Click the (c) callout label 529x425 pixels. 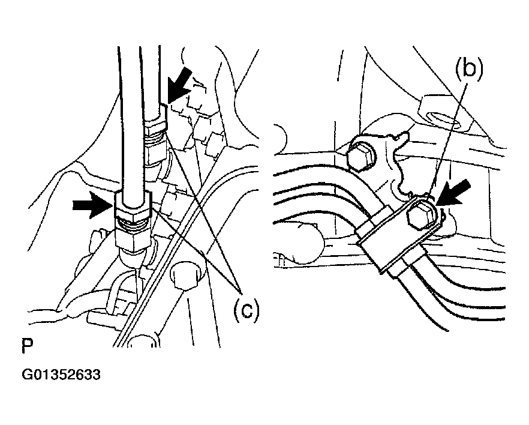tap(247, 309)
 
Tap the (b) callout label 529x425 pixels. tap(469, 68)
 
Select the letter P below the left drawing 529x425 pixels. tap(28, 346)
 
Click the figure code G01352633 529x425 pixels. tap(61, 375)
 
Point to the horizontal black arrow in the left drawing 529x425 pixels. tap(93, 205)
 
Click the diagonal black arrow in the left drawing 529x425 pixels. tap(180, 84)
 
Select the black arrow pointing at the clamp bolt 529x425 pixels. tap(454, 193)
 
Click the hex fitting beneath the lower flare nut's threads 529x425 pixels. tap(133, 240)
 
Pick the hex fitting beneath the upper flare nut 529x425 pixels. tap(157, 151)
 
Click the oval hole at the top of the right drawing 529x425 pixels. tap(444, 121)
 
